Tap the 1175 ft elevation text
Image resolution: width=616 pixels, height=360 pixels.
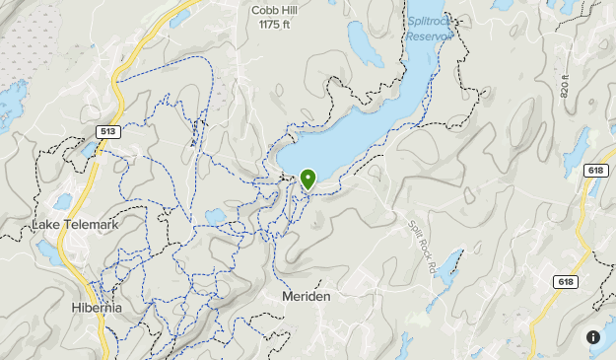275,25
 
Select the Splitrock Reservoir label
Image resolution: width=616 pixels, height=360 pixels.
429,27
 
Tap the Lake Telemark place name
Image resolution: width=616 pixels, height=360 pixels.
75,225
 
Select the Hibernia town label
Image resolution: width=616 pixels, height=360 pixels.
97,308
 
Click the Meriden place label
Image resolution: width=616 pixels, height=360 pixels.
306,296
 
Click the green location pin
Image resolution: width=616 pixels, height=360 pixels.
308,179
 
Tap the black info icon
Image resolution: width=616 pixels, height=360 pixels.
593,337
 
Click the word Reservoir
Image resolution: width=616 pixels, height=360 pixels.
430,35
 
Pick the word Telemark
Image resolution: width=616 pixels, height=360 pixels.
91,225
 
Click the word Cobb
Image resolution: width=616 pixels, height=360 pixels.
263,10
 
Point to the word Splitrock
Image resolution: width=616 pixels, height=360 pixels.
429,20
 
